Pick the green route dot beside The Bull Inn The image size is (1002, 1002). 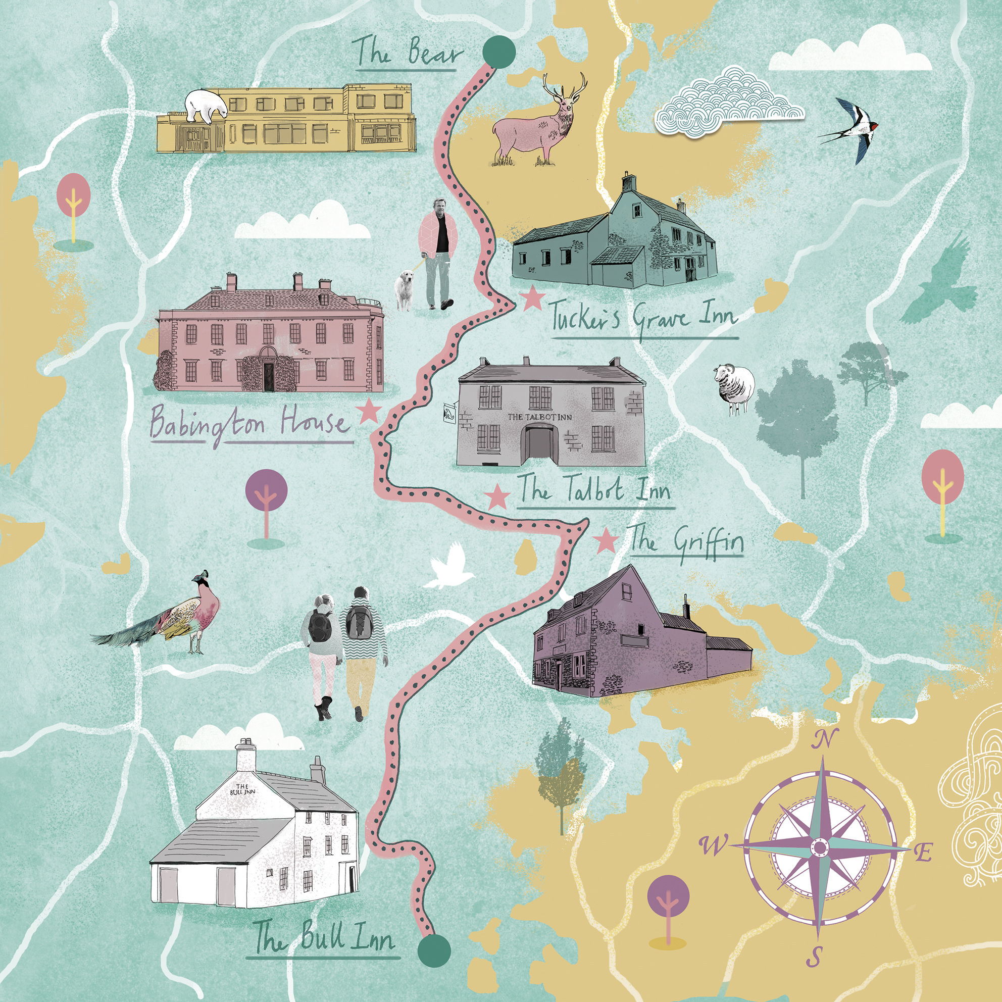tap(434, 950)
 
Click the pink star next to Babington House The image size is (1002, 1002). tap(369, 411)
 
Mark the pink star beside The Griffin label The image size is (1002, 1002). tap(605, 541)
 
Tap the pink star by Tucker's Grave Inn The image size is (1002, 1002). tap(533, 299)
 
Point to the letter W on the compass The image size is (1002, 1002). tap(714, 846)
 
